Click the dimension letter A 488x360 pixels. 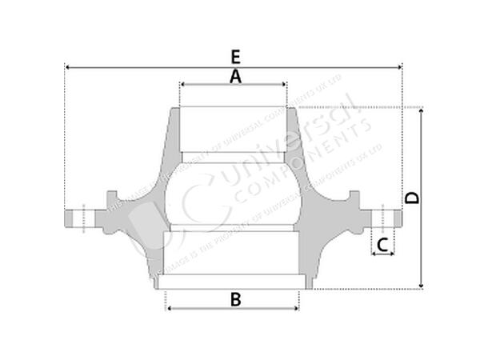[x=235, y=76]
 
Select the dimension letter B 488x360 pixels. [x=235, y=299]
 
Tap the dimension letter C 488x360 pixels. [x=383, y=244]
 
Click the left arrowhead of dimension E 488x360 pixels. [x=67, y=68]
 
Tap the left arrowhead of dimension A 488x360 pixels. [x=183, y=84]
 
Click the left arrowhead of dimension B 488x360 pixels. [x=168, y=308]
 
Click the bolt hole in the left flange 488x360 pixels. [x=81, y=217]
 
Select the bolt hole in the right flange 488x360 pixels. [x=383, y=217]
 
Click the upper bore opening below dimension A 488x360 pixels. [x=233, y=128]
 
